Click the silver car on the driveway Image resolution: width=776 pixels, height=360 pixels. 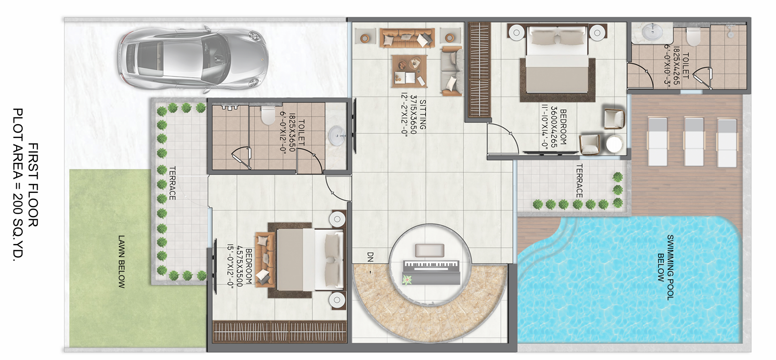[193, 59]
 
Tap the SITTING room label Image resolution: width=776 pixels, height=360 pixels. [423, 115]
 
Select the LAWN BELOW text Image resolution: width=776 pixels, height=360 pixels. [121, 262]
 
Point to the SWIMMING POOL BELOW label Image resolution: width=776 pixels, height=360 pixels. [665, 267]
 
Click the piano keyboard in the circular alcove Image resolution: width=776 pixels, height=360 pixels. [431, 272]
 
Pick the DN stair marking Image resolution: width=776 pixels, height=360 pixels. [370, 257]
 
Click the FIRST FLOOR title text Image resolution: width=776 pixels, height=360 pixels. [32, 185]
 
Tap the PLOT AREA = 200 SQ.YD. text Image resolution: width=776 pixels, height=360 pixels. [17, 185]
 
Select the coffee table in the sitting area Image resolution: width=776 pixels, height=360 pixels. [409, 71]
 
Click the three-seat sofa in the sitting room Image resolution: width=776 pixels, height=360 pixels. [407, 38]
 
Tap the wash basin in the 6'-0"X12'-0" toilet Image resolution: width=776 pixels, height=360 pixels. [336, 136]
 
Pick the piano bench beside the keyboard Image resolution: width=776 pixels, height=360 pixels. [430, 250]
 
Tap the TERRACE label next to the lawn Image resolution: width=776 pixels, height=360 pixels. [172, 183]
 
